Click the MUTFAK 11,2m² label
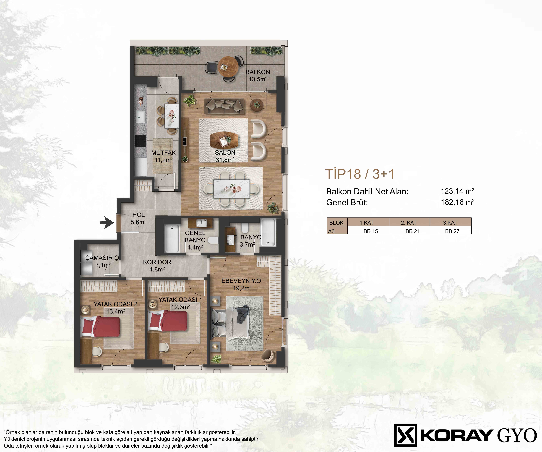point(163,156)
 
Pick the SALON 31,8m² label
point(225,156)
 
